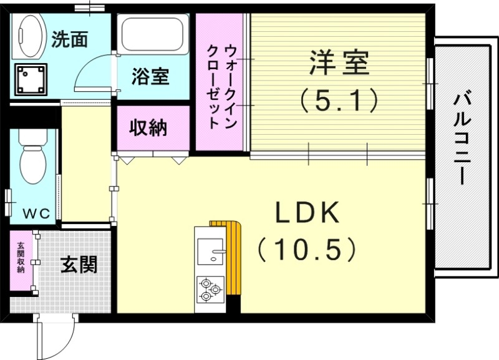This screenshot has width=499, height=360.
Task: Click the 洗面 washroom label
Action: (69, 39)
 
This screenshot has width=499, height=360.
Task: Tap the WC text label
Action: (36, 212)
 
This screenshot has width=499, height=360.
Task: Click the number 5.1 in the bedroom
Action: (339, 100)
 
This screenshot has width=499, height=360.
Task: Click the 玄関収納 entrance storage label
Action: (21, 257)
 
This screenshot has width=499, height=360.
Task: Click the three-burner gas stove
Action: (210, 289)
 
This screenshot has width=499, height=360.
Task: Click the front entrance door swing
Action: (56, 337)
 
